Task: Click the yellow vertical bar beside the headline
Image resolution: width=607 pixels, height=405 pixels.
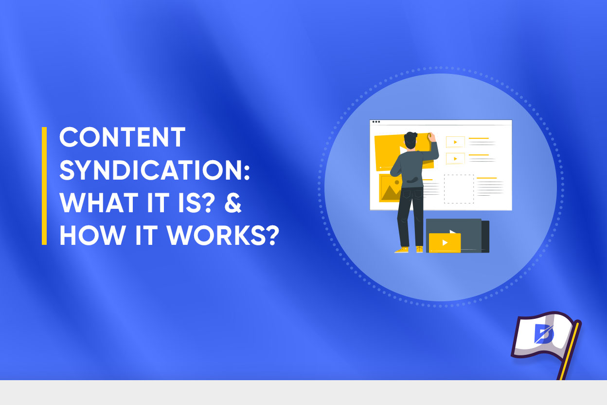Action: pyautogui.click(x=44, y=185)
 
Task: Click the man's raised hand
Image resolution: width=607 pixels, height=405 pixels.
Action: pyautogui.click(x=431, y=137)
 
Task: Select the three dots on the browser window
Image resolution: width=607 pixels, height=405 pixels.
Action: pyautogui.click(x=375, y=122)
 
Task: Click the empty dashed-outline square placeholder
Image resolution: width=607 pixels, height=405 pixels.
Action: pyautogui.click(x=459, y=189)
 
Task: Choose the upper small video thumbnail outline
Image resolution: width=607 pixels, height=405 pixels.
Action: pyautogui.click(x=455, y=142)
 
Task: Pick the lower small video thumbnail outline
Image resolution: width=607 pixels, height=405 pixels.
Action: pyautogui.click(x=455, y=159)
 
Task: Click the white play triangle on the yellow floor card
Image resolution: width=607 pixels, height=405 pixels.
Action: pyautogui.click(x=445, y=242)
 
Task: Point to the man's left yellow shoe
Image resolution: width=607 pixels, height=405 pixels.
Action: pyautogui.click(x=402, y=250)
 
